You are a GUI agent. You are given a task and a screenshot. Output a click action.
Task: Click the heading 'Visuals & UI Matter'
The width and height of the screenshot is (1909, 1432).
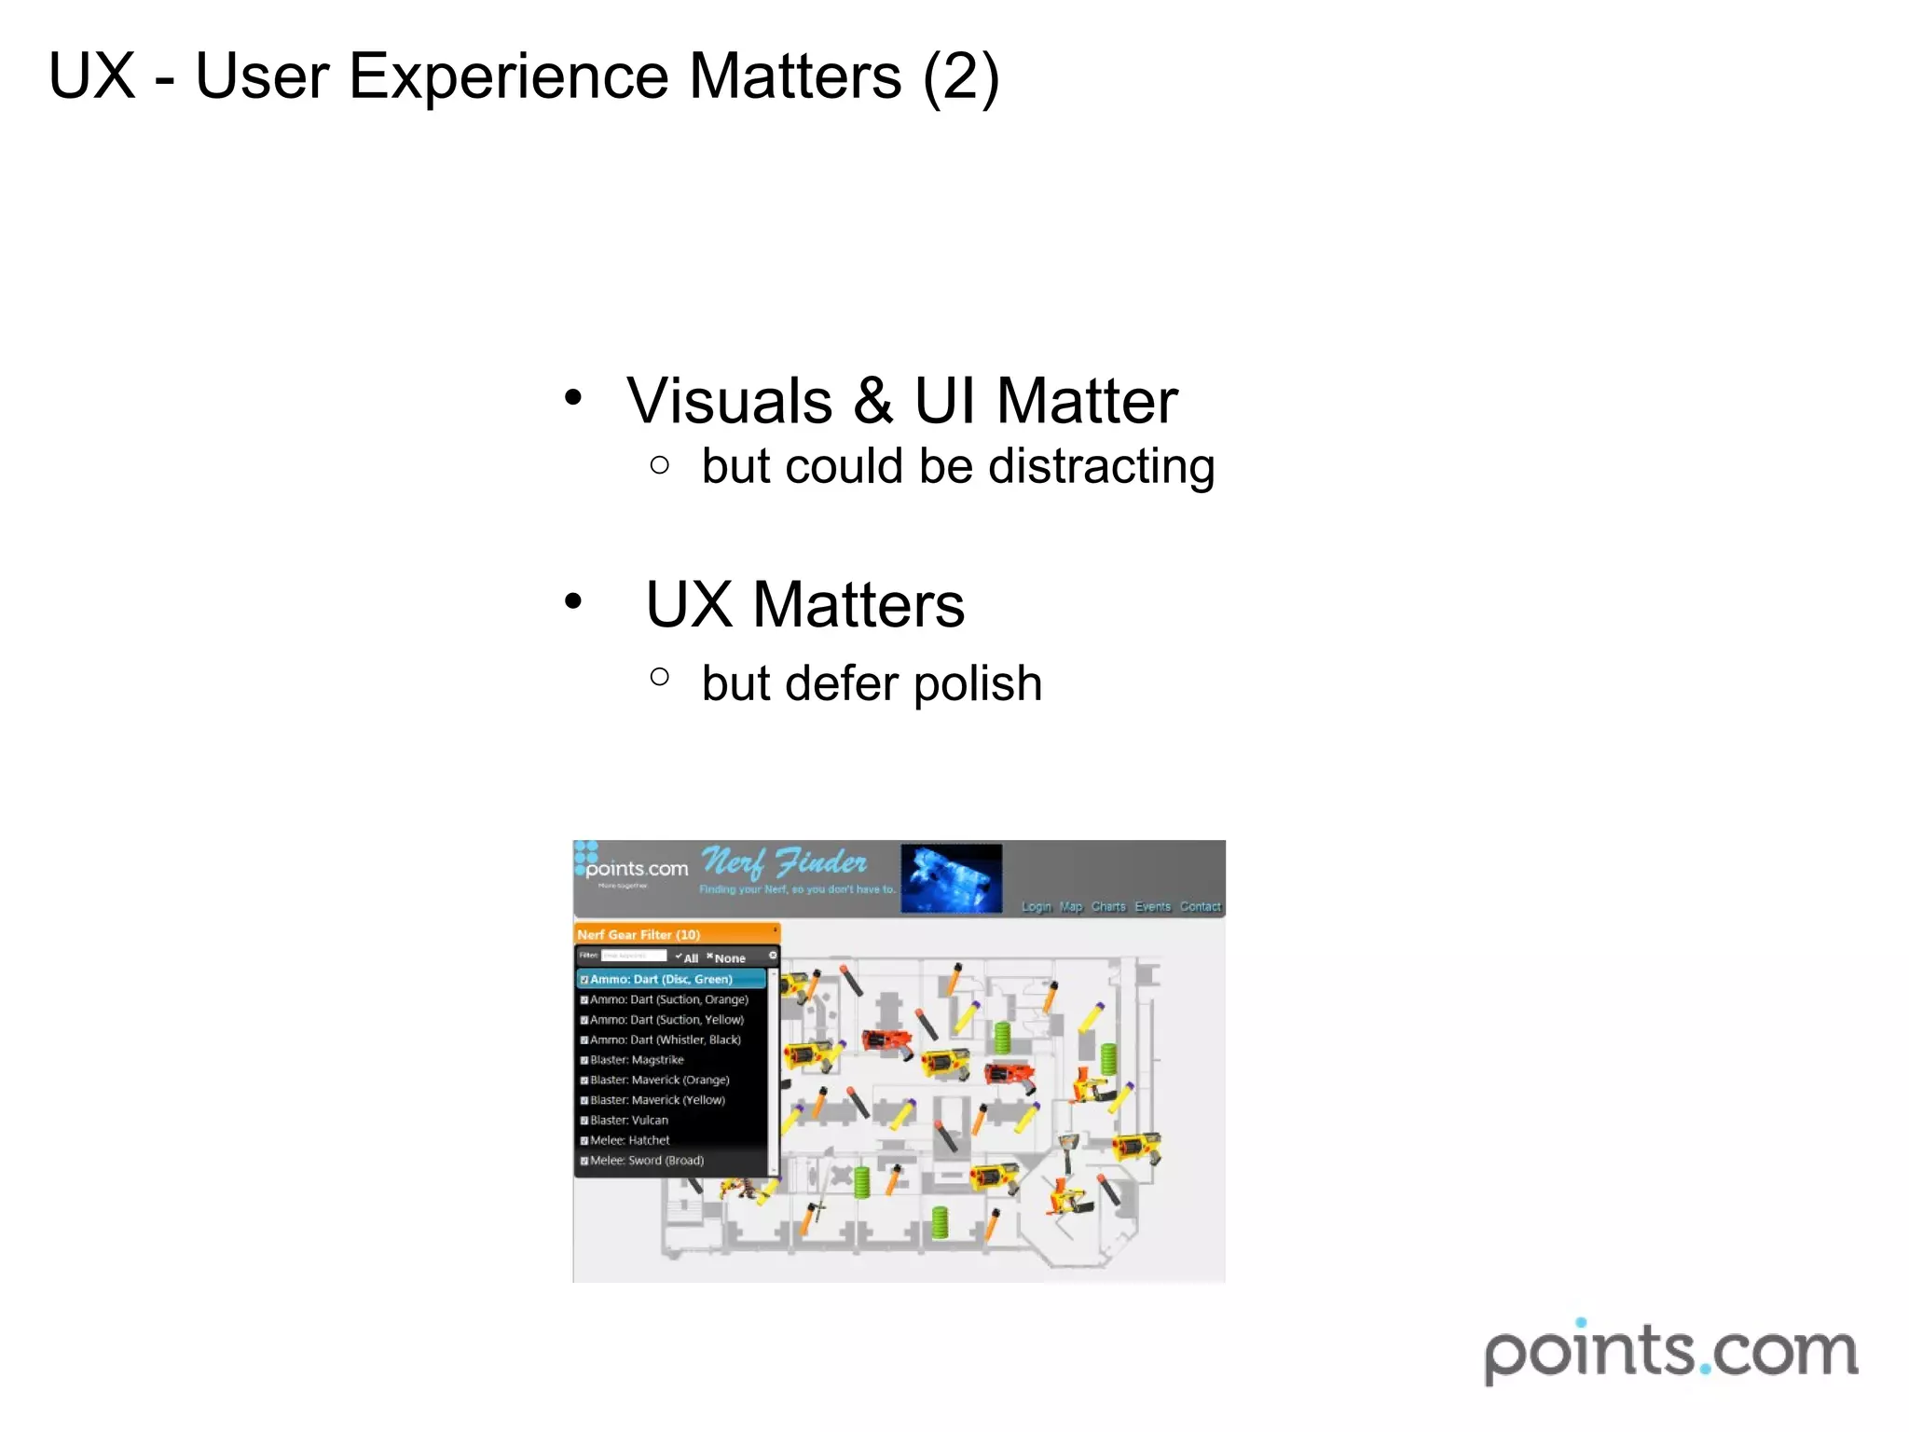901,401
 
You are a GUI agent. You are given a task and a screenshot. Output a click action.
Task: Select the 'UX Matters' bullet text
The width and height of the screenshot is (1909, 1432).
804,605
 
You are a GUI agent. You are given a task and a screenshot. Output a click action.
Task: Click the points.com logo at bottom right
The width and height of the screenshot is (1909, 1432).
1670,1352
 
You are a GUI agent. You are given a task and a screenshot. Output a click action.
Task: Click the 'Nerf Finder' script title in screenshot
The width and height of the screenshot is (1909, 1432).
784,862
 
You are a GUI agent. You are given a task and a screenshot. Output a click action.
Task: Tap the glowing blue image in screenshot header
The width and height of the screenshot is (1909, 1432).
951,877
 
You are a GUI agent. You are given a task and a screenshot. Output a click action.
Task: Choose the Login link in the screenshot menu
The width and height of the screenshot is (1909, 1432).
1036,907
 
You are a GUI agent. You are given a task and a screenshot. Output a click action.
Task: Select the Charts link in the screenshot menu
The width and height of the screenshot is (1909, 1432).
1108,907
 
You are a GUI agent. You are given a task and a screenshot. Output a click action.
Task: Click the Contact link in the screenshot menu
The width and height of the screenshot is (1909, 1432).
1200,907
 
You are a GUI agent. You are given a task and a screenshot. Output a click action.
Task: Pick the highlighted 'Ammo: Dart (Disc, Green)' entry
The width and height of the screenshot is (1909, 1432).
661,979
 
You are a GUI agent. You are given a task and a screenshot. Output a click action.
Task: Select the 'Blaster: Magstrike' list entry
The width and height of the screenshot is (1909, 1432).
637,1060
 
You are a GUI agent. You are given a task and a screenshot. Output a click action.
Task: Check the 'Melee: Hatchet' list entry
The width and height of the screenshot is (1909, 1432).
629,1140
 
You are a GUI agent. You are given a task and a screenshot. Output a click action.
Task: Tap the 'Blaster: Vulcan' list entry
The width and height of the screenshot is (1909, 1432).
629,1121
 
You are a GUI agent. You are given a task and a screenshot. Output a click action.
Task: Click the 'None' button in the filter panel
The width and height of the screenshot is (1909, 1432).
729,958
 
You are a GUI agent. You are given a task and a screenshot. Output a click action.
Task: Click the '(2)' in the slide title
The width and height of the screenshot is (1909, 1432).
960,76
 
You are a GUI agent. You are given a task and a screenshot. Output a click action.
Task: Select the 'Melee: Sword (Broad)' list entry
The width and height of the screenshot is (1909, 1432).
646,1161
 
